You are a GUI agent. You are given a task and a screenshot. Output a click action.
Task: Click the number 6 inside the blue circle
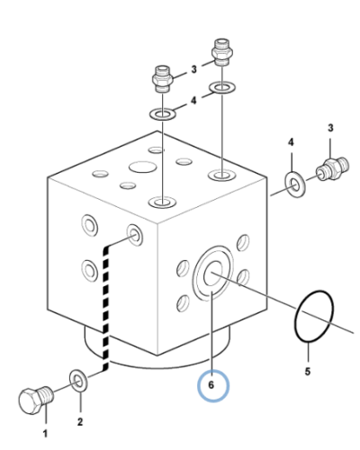pyautogui.click(x=211, y=385)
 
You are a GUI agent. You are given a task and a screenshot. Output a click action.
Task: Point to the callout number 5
pyautogui.click(x=308, y=372)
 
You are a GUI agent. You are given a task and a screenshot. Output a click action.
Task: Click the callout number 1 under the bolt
pyautogui.click(x=45, y=434)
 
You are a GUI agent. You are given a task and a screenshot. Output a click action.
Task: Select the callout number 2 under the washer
pyautogui.click(x=80, y=422)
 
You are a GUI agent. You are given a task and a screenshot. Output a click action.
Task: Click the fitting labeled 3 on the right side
pyautogui.click(x=332, y=169)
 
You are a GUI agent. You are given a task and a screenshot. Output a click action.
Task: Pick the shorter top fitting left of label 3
pyautogui.click(x=162, y=78)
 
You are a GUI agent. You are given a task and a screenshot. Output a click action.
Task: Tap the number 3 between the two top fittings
pyautogui.click(x=193, y=69)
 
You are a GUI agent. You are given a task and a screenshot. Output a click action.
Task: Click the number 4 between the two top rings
pyautogui.click(x=193, y=100)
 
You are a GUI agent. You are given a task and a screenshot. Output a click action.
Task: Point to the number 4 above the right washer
pyautogui.click(x=291, y=142)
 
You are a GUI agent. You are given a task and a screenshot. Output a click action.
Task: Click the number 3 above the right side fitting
pyautogui.click(x=330, y=128)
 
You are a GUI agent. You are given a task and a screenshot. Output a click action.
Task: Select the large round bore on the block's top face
pyautogui.click(x=142, y=167)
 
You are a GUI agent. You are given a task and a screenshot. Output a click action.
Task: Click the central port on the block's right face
pyautogui.click(x=213, y=274)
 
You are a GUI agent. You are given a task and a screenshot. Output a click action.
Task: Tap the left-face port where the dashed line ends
pyautogui.click(x=135, y=235)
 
